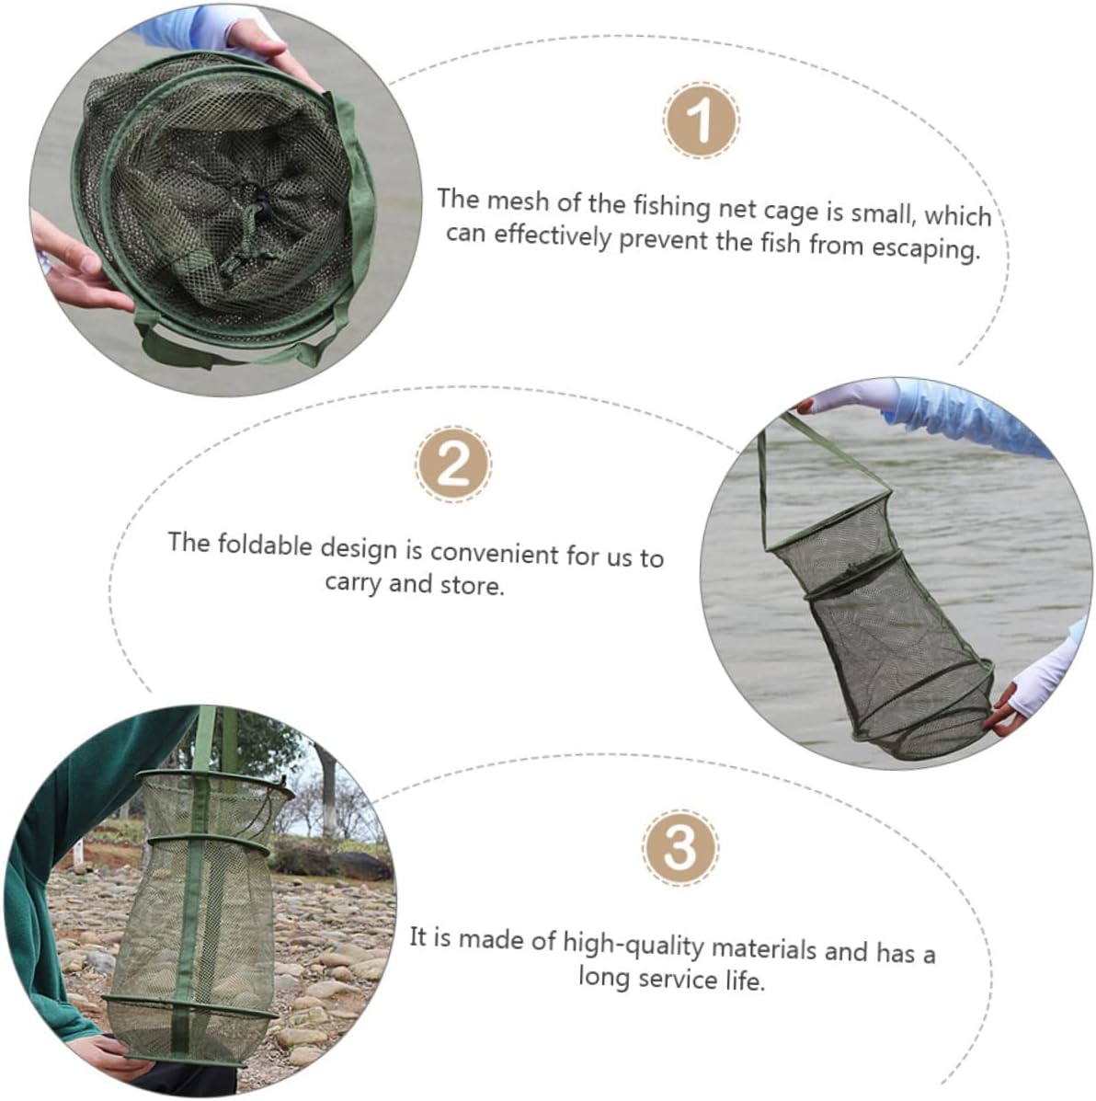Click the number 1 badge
click(x=701, y=120)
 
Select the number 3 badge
click(x=680, y=847)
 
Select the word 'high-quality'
click(x=634, y=943)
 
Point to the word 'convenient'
click(x=494, y=552)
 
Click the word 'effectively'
click(x=553, y=235)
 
